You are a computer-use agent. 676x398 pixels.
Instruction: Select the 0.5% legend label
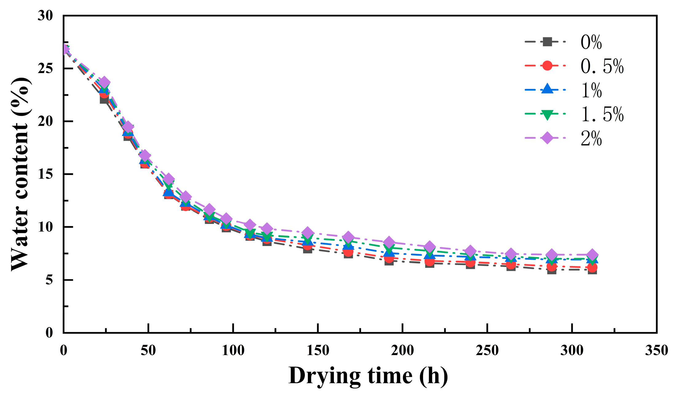coord(602,66)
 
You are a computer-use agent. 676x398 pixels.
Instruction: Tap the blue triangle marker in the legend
coord(547,90)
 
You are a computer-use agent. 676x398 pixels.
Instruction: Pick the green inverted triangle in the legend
coord(547,114)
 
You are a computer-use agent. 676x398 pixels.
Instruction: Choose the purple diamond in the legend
coord(547,138)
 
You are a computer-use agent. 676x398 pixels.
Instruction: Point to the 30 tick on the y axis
coord(45,15)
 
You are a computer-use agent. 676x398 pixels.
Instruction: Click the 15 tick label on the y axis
coord(45,174)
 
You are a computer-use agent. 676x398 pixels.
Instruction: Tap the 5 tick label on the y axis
coord(49,280)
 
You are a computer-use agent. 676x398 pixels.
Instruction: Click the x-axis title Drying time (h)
coord(368,376)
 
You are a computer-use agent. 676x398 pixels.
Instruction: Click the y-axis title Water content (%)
coord(20,174)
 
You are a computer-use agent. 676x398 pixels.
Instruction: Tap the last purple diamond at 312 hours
coord(592,255)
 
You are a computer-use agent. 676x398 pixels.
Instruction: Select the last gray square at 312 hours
coord(592,270)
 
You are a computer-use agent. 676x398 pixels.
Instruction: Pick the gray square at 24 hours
coord(104,99)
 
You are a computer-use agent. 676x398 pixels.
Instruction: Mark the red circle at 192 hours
coord(389,259)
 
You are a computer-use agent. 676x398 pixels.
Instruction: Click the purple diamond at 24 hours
coord(104,82)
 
